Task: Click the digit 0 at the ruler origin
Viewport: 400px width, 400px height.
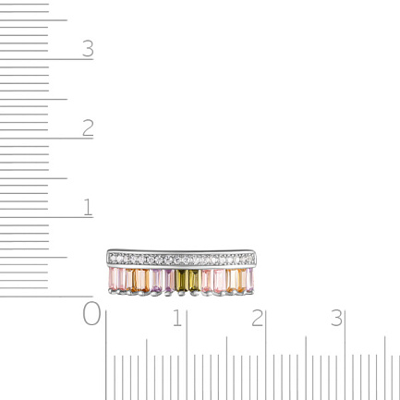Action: (91, 313)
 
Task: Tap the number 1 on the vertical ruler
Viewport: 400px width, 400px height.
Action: (88, 207)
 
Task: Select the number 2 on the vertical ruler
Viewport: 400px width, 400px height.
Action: (88, 127)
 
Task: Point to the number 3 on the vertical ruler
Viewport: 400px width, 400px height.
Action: (88, 49)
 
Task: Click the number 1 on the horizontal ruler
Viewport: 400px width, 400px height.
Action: (177, 318)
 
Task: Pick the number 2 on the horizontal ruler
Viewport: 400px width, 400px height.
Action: (257, 318)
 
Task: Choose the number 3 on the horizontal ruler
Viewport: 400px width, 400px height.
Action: (336, 318)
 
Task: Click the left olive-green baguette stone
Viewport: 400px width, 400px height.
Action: (182, 280)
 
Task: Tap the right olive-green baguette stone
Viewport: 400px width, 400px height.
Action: (195, 280)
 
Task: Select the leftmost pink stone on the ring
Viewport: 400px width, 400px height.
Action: (114, 278)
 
